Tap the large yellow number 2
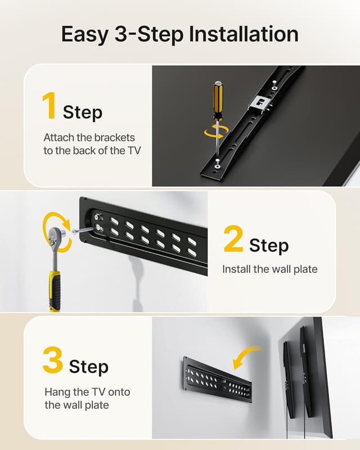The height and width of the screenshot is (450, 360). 233,238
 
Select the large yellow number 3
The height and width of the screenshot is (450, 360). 52,361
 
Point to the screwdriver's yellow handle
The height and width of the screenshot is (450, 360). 217,98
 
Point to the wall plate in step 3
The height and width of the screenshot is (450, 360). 217,379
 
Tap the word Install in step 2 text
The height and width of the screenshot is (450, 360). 236,269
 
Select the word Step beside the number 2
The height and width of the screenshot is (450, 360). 268,245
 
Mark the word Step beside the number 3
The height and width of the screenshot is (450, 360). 89,367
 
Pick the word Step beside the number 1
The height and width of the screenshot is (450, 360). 83,112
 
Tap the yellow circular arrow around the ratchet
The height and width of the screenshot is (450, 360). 57,231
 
